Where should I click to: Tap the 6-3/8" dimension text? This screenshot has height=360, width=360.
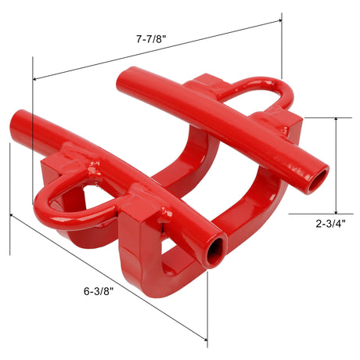[x=99, y=291]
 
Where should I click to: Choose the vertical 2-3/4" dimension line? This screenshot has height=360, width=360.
[x=337, y=164]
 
